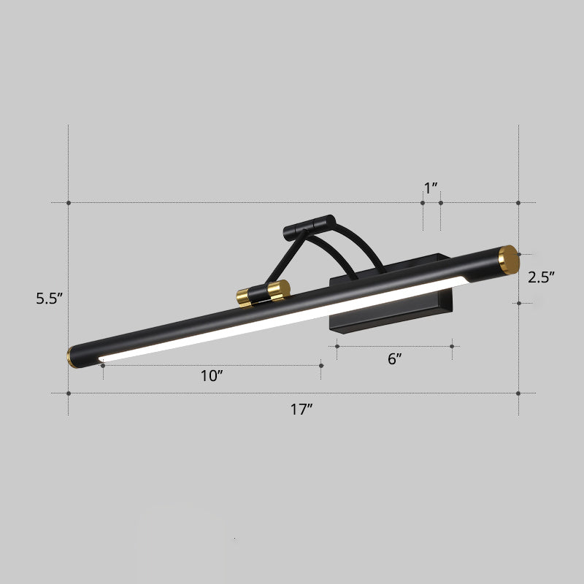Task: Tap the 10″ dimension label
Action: click(x=212, y=376)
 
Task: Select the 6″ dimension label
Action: click(x=394, y=358)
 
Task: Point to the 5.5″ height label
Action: click(x=51, y=298)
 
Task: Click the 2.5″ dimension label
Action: click(x=542, y=277)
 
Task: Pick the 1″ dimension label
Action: click(x=431, y=188)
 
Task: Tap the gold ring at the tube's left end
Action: click(x=70, y=357)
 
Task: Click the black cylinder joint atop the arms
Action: click(x=308, y=226)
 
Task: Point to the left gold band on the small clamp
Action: click(x=242, y=297)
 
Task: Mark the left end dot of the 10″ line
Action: click(x=103, y=365)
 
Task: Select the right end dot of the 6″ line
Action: click(x=452, y=347)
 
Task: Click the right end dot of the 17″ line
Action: click(x=518, y=393)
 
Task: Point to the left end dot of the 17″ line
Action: click(x=69, y=393)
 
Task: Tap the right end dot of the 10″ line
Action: click(x=321, y=365)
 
